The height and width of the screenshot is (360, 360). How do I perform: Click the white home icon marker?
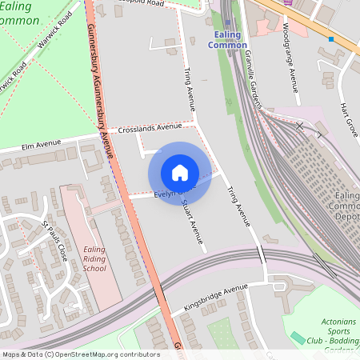click(179, 173)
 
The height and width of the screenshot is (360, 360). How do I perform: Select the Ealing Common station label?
click(228, 40)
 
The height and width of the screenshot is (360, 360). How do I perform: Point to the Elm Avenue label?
click(42, 145)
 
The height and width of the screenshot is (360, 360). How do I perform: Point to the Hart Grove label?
click(349, 117)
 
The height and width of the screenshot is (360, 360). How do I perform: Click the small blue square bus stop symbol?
click(331, 38)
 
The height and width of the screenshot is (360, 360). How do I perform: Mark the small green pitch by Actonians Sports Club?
click(298, 338)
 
